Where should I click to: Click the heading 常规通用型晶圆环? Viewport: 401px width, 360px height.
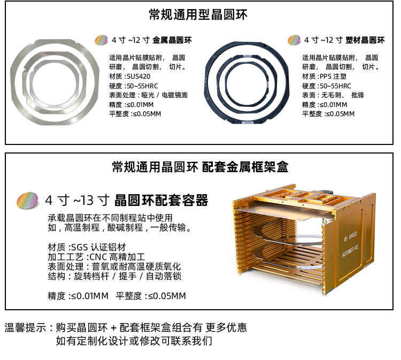(x=198, y=14)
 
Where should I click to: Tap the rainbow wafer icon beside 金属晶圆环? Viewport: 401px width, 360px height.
(x=101, y=40)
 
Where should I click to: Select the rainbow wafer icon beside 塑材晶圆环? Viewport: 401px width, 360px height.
(x=294, y=40)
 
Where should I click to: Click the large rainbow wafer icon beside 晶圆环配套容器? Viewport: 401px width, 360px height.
(x=28, y=201)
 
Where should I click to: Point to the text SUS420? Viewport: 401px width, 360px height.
(x=138, y=76)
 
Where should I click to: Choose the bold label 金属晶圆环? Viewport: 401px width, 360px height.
(x=172, y=40)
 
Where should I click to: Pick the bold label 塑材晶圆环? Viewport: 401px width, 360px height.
(x=365, y=40)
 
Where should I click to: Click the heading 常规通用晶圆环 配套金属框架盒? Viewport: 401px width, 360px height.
(x=200, y=167)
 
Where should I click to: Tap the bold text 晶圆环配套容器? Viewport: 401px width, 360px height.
(x=161, y=201)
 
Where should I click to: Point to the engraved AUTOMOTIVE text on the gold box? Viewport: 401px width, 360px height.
(x=350, y=251)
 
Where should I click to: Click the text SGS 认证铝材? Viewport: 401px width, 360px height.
(x=98, y=247)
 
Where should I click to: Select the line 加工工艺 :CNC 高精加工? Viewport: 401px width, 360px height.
(x=96, y=257)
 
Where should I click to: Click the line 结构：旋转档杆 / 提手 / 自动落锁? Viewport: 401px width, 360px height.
(x=114, y=276)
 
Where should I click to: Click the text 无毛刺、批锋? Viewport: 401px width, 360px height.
(x=343, y=95)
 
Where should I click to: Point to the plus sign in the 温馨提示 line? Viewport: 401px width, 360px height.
(x=114, y=328)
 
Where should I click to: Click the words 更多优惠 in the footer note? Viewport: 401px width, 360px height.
(x=226, y=327)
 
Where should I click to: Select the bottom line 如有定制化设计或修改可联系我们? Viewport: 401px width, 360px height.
(x=134, y=341)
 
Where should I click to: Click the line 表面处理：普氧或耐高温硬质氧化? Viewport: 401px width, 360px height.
(x=114, y=266)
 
